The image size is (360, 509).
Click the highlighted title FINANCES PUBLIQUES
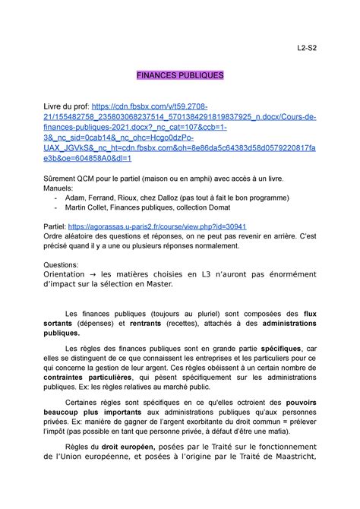tap(180, 76)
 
